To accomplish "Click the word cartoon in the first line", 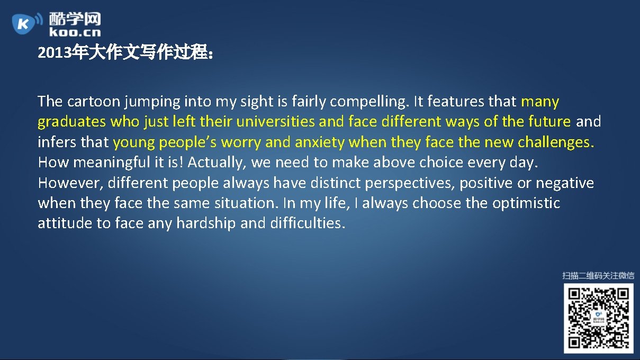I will click(94, 101).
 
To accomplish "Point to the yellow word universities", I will click(275, 122).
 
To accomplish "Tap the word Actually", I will click(217, 162).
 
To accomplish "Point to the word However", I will click(70, 183).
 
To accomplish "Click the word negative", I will click(564, 183).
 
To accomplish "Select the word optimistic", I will click(526, 203).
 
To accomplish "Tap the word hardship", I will click(206, 223).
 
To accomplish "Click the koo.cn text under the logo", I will click(75, 32).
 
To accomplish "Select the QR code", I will click(598, 318).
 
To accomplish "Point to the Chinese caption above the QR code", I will click(598, 275).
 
